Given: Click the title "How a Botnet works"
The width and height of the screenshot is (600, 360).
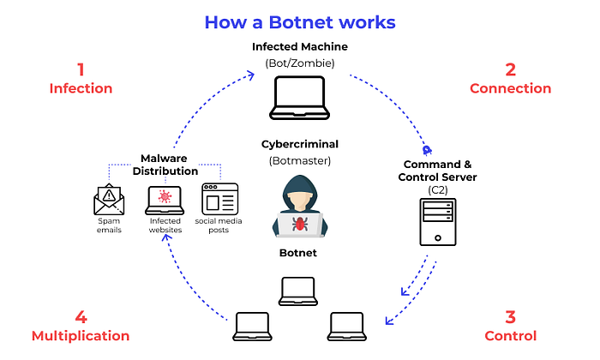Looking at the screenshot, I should point(299,21).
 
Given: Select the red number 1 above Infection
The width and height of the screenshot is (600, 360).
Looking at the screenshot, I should point(81,69).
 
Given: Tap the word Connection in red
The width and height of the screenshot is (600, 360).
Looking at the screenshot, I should point(510,88).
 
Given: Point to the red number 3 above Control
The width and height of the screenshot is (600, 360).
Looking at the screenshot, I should point(510,316).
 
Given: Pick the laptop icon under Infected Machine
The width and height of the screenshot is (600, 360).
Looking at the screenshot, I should point(299,99).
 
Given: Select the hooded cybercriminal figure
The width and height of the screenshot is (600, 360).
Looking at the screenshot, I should point(299,205).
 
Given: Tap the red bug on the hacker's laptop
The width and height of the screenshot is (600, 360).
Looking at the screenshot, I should point(300,223).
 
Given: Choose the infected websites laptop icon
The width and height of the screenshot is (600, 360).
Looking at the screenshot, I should point(164,200).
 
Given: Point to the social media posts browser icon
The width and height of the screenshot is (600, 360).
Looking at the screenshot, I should point(219,199).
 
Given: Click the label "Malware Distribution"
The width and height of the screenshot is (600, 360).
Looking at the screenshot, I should point(164,164).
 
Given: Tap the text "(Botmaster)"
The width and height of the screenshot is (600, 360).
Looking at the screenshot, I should point(299,160).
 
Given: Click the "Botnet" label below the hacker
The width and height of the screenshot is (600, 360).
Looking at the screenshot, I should point(299,253).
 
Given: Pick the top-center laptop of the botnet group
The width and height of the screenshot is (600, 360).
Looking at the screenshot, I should point(299,290).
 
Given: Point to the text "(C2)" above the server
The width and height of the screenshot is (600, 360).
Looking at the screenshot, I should point(438,189).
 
